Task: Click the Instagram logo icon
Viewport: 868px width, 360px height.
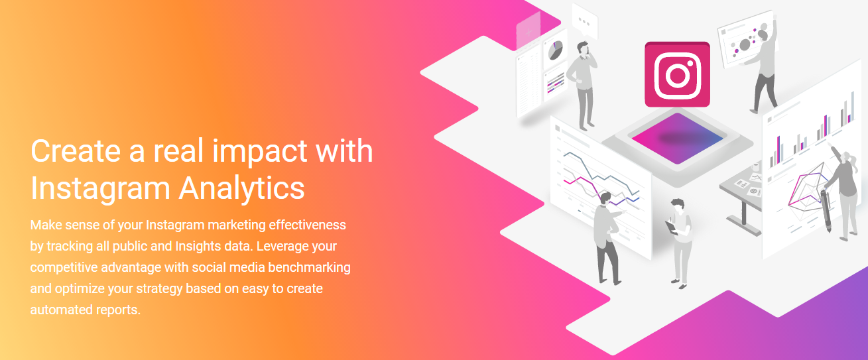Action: pyautogui.click(x=677, y=74)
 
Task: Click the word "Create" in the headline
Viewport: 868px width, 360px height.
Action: pyautogui.click(x=76, y=150)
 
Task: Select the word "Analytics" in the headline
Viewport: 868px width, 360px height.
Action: pyautogui.click(x=241, y=188)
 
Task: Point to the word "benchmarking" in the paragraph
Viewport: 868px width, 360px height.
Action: pyautogui.click(x=309, y=267)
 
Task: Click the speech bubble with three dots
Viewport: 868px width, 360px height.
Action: pyautogui.click(x=585, y=21)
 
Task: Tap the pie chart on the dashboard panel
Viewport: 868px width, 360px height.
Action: pyautogui.click(x=555, y=50)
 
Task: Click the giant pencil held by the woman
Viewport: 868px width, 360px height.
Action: pyautogui.click(x=826, y=211)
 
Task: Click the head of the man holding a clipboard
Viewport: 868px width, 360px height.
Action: pyautogui.click(x=678, y=206)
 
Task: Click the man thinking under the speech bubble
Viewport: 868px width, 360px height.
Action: pyautogui.click(x=582, y=86)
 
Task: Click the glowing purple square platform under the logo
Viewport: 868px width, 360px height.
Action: pyautogui.click(x=677, y=139)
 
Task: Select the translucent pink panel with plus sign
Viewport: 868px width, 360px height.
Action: pyautogui.click(x=528, y=32)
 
